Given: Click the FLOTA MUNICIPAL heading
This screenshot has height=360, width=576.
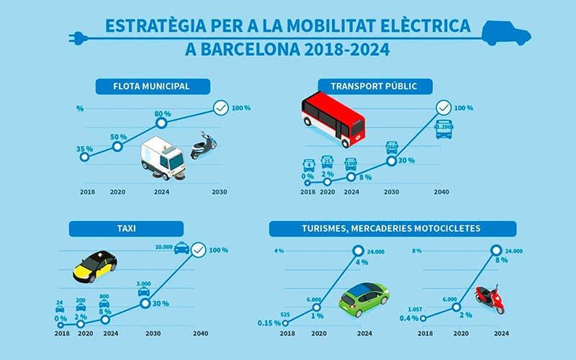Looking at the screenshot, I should click(x=152, y=87).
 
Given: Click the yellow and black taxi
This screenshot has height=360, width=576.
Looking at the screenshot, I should click(x=94, y=267).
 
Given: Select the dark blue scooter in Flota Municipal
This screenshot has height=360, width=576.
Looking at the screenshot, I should click(x=203, y=146).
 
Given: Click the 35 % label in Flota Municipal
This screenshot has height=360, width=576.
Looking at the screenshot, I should click(x=84, y=149).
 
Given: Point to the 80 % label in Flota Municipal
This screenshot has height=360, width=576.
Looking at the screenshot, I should click(x=162, y=114).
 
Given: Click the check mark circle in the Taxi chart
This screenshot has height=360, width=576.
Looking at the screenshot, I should click(x=197, y=251).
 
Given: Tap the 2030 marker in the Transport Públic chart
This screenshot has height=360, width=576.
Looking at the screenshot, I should click(x=392, y=161).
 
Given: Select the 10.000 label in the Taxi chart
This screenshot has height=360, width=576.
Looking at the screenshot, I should click(x=163, y=247).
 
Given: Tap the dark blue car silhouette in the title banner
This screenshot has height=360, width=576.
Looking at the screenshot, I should click(x=504, y=31).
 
